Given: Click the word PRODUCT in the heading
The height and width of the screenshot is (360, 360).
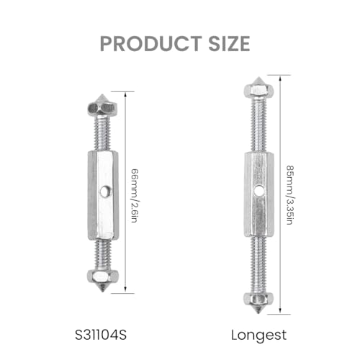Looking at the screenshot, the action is coord(150,44).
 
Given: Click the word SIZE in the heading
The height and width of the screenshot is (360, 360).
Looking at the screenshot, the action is coord(229,44).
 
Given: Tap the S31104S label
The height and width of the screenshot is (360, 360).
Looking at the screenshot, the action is coord(101,335).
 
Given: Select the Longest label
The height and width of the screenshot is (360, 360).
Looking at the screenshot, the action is coord(258,336).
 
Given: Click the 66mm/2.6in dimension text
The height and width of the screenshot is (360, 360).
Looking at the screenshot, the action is coord(135,196).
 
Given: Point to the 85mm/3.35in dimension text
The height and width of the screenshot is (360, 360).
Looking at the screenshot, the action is coord(290,195).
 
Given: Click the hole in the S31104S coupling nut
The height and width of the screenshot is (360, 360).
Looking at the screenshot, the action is coord(104,192).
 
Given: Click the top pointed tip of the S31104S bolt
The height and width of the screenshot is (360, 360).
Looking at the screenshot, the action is coord(103,94).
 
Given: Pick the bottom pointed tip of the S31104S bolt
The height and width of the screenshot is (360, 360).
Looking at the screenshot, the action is coord(103,292).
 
